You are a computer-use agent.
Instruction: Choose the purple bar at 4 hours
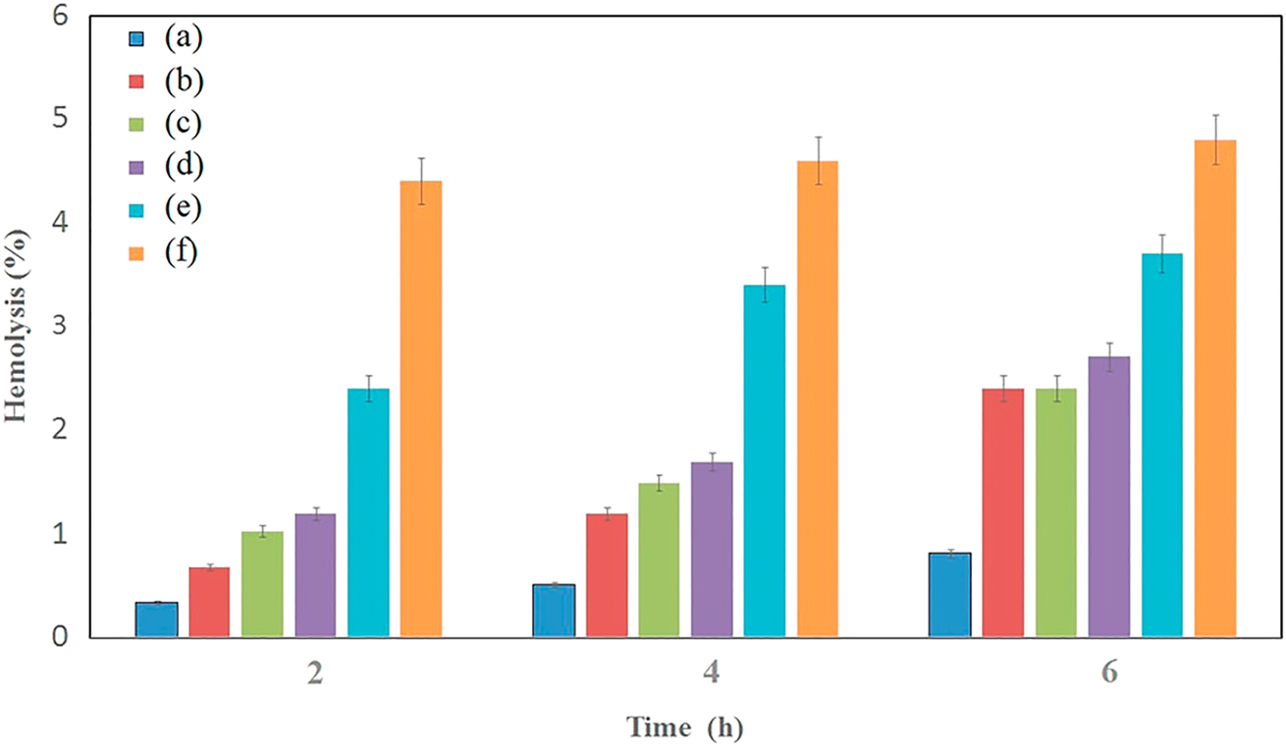point(712,550)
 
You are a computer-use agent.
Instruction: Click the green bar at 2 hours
point(262,585)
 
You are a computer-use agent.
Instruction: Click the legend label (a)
point(184,38)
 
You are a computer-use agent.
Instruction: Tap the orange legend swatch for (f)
point(136,253)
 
